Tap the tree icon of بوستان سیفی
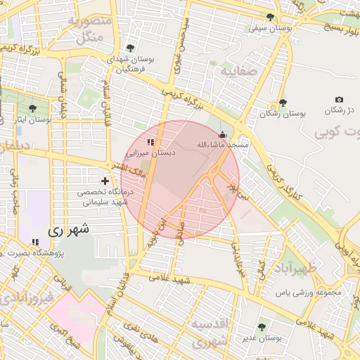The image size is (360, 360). click(271, 18)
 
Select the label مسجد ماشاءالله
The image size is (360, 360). click(223, 144)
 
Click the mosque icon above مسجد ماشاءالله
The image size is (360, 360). click(223, 134)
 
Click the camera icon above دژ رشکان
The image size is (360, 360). click(339, 100)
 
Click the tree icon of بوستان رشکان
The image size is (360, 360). click(283, 103)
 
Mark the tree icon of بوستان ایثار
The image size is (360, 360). click(33, 108)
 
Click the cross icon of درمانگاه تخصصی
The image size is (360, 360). click(105, 181)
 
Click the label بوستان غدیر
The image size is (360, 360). click(263, 337)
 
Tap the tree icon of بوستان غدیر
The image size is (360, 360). click(263, 327)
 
